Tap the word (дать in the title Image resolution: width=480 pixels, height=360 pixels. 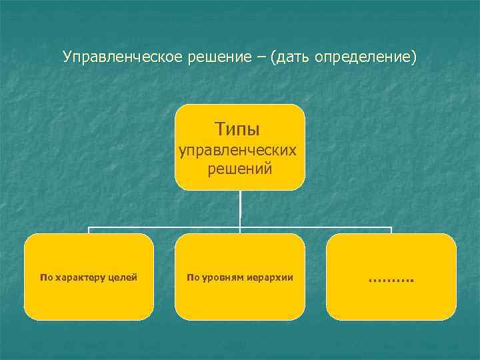pyautogui.click(x=288, y=57)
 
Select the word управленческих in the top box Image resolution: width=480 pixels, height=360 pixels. pyautogui.click(x=239, y=150)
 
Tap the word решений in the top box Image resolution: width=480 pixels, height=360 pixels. pyautogui.click(x=239, y=169)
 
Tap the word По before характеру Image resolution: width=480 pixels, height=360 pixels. pyautogui.click(x=45, y=277)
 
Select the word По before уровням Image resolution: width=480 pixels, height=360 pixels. pyautogui.click(x=193, y=277)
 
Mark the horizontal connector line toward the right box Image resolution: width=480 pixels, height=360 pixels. pyautogui.click(x=320, y=227)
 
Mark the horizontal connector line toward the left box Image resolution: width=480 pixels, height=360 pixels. pyautogui.click(x=160, y=227)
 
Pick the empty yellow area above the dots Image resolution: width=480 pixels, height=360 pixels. pyautogui.click(x=391, y=253)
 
